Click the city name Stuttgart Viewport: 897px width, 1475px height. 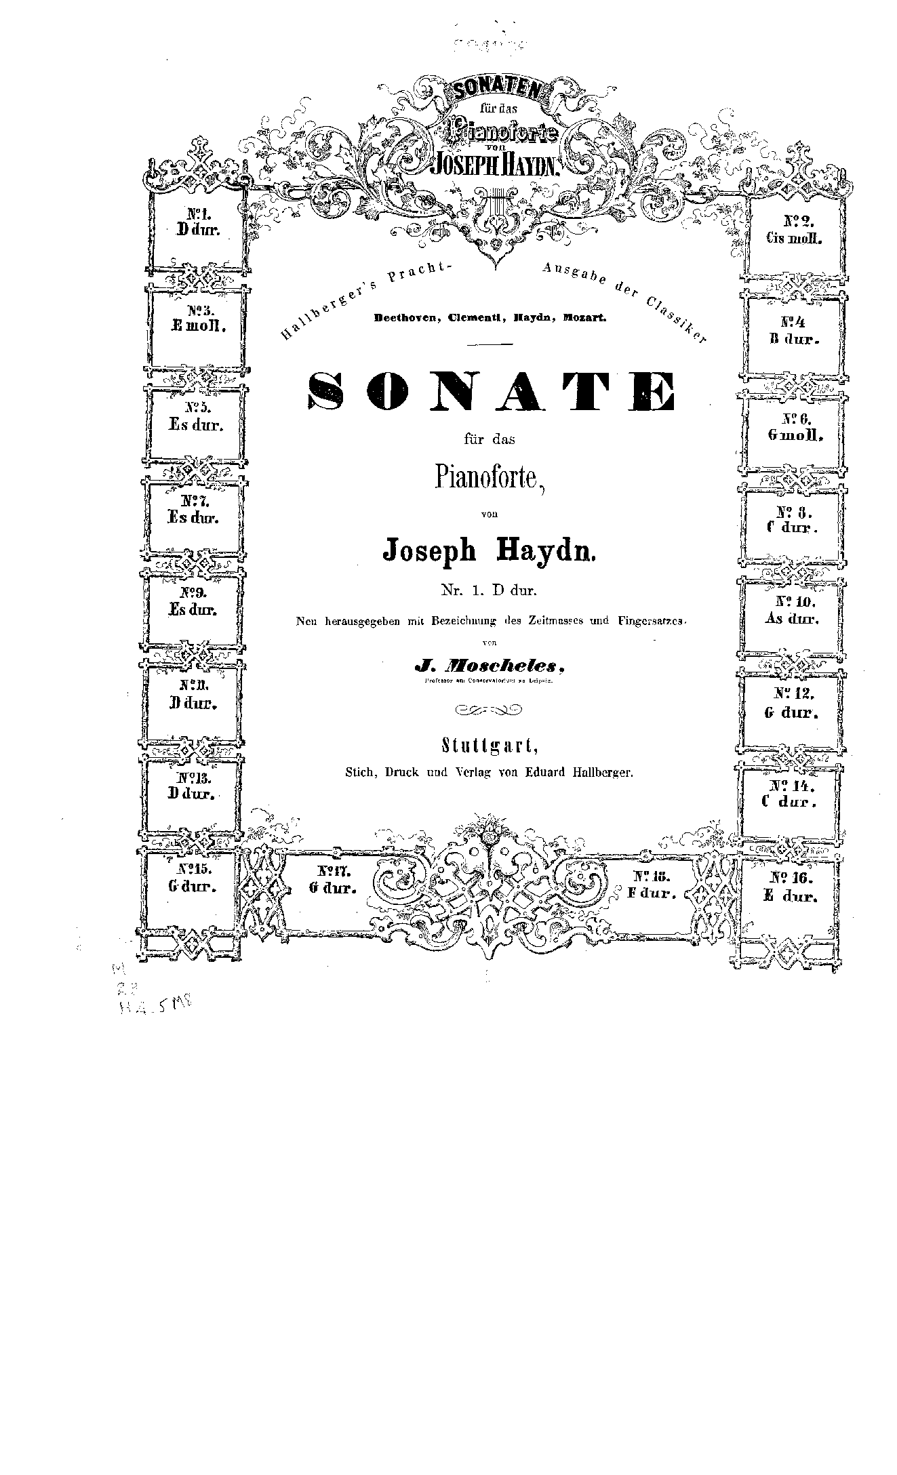(x=490, y=746)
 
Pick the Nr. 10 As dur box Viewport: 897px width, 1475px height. (x=791, y=610)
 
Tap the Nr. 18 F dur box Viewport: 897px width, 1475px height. (x=652, y=885)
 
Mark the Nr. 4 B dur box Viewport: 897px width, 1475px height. (x=791, y=331)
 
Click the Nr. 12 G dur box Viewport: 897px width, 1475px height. (x=793, y=704)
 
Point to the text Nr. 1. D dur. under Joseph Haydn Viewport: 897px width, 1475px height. (x=489, y=590)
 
